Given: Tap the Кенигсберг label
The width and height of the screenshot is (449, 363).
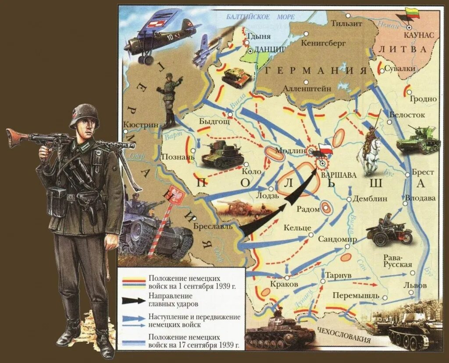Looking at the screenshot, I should coord(324,43).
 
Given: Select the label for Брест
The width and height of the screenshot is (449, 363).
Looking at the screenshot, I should coord(423,173).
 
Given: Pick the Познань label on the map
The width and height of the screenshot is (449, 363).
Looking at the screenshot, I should coord(175,157).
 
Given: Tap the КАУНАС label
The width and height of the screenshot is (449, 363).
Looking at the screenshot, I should coord(418,34).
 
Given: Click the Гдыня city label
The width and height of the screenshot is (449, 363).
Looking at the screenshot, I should coord(259,37).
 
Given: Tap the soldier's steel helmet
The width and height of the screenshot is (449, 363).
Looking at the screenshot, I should coord(84,115).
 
